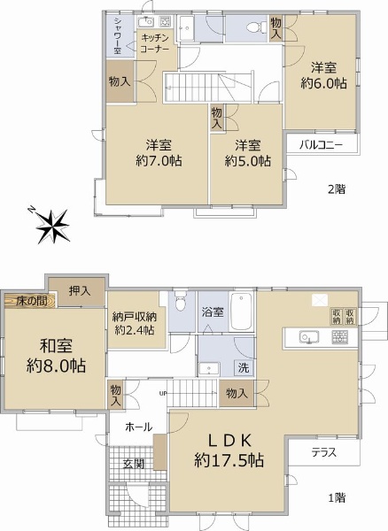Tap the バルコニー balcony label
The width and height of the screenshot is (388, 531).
321,145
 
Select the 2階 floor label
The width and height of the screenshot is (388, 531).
337,189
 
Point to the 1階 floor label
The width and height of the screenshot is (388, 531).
337,497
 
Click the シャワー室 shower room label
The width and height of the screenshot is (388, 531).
118,35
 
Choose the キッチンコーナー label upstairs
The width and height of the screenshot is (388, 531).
154,42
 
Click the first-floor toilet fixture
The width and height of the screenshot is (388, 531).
182,300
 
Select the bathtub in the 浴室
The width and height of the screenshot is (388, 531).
241,312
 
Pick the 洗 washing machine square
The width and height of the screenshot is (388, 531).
244,367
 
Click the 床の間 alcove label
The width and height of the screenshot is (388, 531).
32,301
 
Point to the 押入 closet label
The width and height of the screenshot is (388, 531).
80,290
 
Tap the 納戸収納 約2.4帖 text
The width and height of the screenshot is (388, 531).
135,323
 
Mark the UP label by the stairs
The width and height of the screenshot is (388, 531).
163,393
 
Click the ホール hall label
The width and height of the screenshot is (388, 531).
139,427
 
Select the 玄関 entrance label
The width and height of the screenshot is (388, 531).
134,463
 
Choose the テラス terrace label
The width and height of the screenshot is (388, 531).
324,452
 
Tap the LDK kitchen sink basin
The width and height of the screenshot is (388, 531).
308,337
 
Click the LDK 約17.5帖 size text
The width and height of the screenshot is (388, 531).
229,450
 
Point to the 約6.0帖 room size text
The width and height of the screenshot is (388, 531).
323,83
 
